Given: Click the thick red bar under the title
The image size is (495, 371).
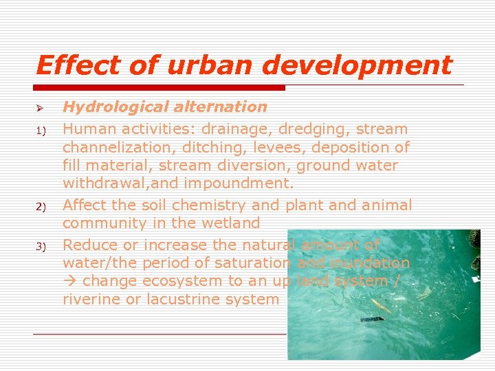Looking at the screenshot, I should tap(160, 88).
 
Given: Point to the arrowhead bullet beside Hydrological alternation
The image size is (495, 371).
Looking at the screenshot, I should tap(40, 109).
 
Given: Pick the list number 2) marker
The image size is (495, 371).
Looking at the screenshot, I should tap(41, 207).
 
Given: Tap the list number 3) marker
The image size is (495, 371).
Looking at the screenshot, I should tap(41, 246).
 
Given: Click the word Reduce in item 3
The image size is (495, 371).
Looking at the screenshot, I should tap(90, 244).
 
